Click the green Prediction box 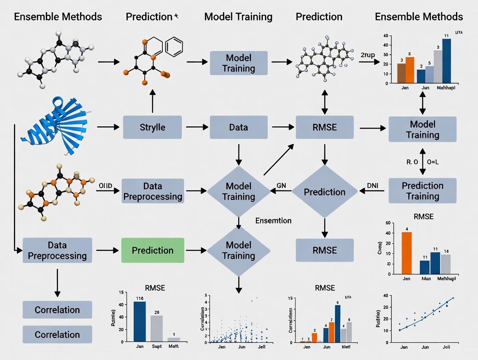click(x=152, y=250)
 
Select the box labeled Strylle click(x=152, y=127)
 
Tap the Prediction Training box click(x=423, y=191)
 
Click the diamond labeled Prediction click(x=324, y=192)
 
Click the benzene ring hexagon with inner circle click(x=174, y=47)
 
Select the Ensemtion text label click(x=273, y=220)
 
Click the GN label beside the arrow click(x=282, y=185)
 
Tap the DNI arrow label click(x=372, y=185)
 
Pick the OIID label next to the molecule click(x=106, y=186)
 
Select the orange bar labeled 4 click(x=407, y=253)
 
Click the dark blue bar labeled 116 click(x=139, y=321)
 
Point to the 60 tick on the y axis click(x=388, y=223)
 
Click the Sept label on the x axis click(x=156, y=347)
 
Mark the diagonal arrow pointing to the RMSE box click(x=278, y=160)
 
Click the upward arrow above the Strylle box click(x=152, y=102)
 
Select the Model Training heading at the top click(x=238, y=17)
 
